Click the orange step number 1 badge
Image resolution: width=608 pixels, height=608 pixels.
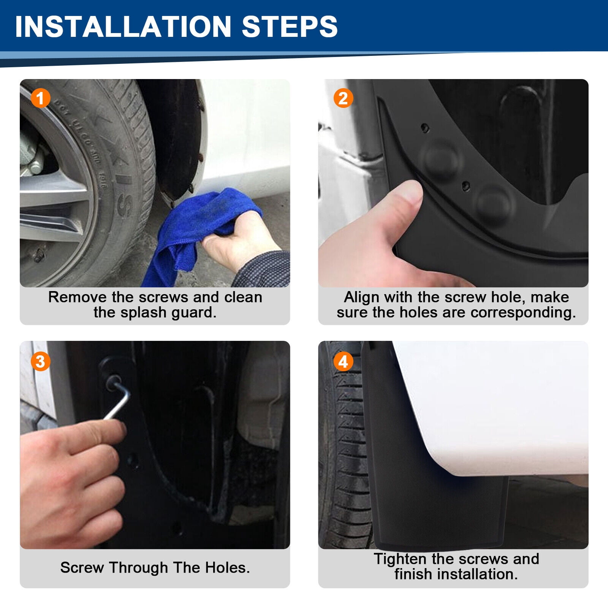pos(40,98)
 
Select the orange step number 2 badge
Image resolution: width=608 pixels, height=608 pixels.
pos(343,98)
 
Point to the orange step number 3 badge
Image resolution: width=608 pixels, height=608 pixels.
pos(40,361)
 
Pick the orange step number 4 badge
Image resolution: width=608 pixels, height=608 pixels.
pos(343,361)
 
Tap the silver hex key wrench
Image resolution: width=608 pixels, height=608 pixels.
pos(119,397)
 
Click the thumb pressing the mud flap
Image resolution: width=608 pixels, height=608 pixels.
pos(399,213)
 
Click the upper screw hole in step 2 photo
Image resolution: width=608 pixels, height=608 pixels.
pos(425,128)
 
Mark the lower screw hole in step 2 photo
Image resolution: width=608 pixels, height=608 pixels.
pos(465,186)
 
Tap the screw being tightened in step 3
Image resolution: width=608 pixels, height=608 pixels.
pos(114,381)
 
